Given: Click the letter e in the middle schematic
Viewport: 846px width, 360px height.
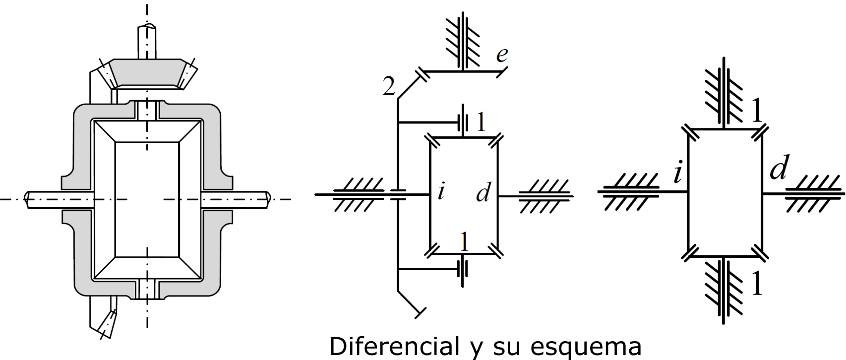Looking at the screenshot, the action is (x=502, y=55).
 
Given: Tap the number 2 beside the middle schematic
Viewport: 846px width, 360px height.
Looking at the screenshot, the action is (x=389, y=86).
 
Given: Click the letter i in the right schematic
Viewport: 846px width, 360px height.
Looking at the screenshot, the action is (x=678, y=174).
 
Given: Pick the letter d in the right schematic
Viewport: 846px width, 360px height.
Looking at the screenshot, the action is (x=779, y=167).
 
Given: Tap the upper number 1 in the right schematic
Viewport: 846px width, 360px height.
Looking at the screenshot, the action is (x=756, y=110).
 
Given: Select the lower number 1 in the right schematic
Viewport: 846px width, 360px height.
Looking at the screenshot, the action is (x=756, y=283).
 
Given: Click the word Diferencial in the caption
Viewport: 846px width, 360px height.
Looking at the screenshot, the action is (x=395, y=346).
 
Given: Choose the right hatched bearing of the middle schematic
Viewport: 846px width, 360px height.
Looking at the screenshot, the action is (x=544, y=196).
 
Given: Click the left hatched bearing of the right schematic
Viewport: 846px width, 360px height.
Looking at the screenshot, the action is (x=629, y=191).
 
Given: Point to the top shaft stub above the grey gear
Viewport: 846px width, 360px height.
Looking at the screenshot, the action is (x=147, y=42).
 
